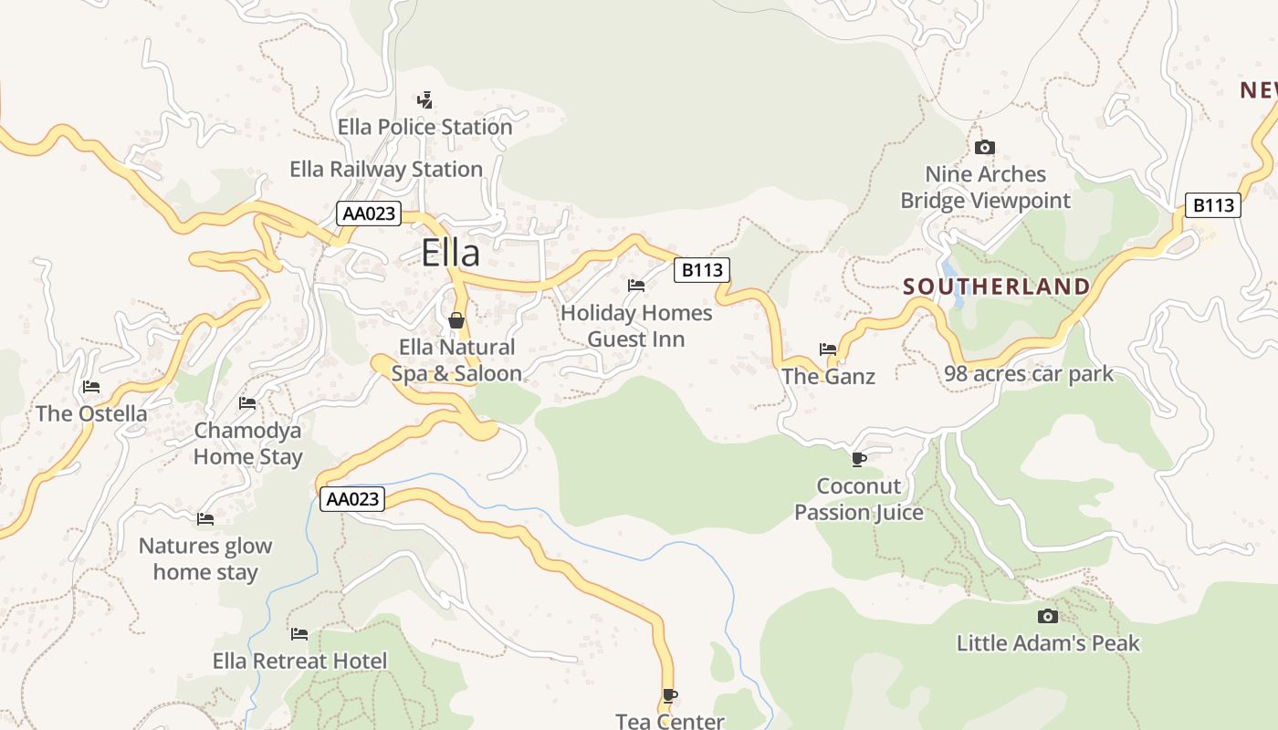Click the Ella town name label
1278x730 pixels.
[x=450, y=253]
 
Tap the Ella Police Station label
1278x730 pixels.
[x=424, y=127]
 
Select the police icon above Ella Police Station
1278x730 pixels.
[x=424, y=99]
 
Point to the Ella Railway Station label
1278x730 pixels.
[x=386, y=169]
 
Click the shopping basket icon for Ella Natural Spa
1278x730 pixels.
[x=456, y=320]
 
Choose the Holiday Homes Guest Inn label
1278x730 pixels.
[x=636, y=326]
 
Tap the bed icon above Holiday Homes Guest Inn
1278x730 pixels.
[x=636, y=286]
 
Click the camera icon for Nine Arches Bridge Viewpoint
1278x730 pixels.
[x=984, y=147]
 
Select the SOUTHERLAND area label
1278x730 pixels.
[x=996, y=287]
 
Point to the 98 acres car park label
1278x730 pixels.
[x=1029, y=373]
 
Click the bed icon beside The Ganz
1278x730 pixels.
[x=828, y=349]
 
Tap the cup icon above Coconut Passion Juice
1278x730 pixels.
[x=858, y=458]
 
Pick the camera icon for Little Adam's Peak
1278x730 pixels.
[x=1048, y=616]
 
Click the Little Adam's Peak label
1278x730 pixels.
[x=1048, y=642]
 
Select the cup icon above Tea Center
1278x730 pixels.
[x=669, y=695]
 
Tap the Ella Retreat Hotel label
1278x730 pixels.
[x=299, y=661]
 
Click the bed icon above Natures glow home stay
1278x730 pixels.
[x=205, y=518]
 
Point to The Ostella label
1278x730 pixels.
[x=91, y=413]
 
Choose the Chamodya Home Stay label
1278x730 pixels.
[x=247, y=443]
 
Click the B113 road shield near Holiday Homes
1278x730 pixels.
[x=702, y=269]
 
